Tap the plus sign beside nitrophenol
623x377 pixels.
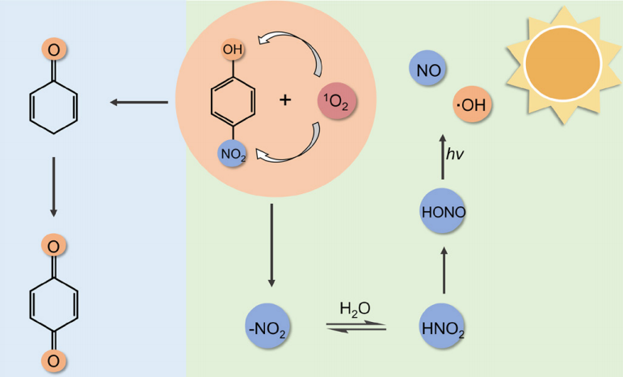tap(284, 101)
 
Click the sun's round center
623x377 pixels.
tap(559, 66)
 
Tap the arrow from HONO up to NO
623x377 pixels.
tap(443, 158)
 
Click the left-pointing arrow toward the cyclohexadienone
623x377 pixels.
tap(138, 102)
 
